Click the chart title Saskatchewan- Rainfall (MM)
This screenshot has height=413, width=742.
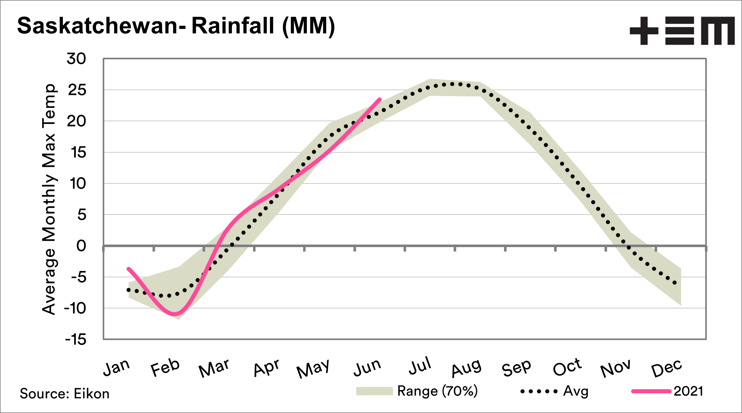coord(176,26)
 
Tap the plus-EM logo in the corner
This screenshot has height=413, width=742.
coord(682,31)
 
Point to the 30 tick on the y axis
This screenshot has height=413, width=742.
coord(76,59)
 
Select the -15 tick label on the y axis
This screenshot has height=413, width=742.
coord(76,340)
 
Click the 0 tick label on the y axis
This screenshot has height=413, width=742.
coord(81,246)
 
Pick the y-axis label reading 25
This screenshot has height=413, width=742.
coord(77,90)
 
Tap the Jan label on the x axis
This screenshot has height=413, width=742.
coord(116,368)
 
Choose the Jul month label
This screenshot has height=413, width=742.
coord(420,366)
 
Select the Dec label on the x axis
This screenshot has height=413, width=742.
coord(666,368)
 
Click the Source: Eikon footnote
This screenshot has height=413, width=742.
coord(65,394)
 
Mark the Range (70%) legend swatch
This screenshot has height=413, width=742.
coord(374,391)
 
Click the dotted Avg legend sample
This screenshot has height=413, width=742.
coord(539,391)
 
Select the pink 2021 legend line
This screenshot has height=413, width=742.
coord(651,391)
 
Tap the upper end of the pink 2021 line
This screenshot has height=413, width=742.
coord(380,99)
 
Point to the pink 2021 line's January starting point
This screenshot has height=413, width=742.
coord(128,269)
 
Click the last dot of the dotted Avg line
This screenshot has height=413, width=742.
coord(675,283)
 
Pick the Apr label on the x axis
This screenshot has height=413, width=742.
coord(266,368)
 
